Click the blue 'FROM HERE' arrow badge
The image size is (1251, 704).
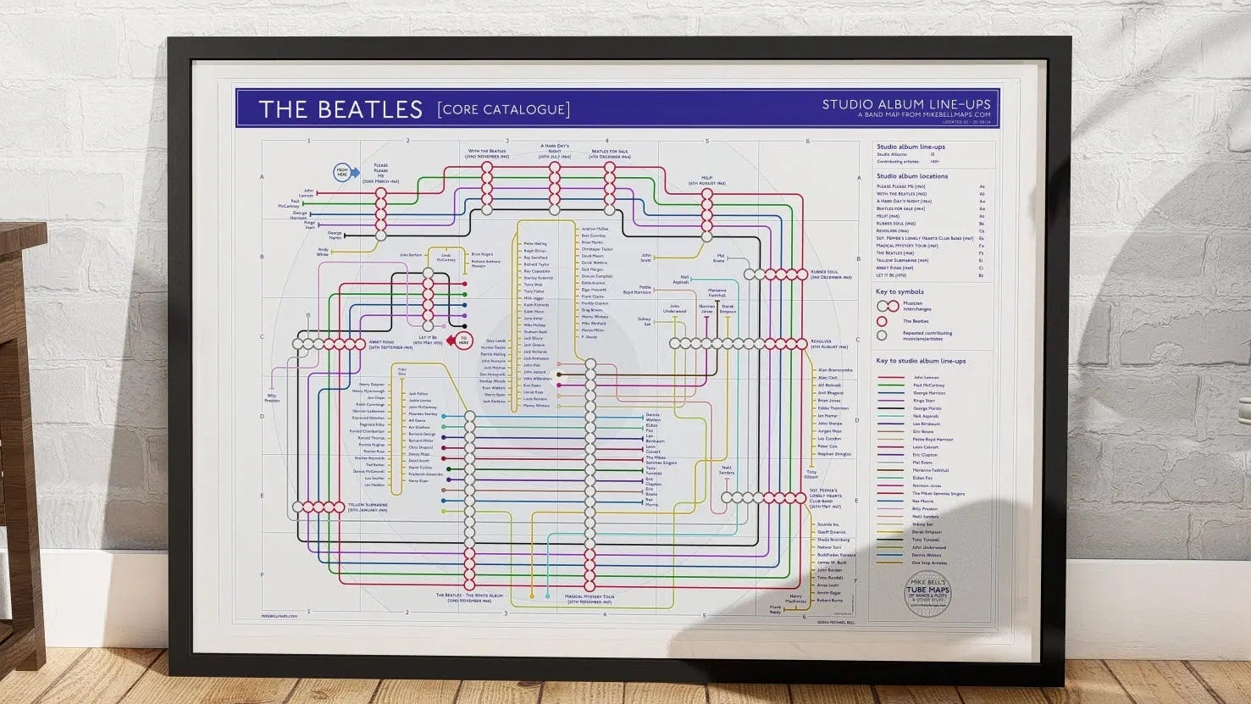pos(343,171)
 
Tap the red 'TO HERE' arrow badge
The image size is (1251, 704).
pos(463,341)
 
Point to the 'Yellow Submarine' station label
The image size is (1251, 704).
pos(368,508)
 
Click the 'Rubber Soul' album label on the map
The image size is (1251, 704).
pos(830,274)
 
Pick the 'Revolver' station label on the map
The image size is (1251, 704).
pos(828,344)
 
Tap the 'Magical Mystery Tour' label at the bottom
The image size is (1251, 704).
pos(590,599)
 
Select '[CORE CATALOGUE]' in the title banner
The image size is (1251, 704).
pos(503,109)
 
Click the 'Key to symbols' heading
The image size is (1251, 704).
pos(900,292)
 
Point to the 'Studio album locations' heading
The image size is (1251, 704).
pos(912,176)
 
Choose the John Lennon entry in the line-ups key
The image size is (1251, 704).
pos(927,377)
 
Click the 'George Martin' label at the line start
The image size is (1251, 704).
pos(334,235)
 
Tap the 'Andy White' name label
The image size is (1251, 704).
pos(323,252)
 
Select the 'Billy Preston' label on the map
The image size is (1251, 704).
pos(273,396)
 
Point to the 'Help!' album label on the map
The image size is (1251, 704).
pos(706,181)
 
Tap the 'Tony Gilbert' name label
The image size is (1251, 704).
pos(811,474)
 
